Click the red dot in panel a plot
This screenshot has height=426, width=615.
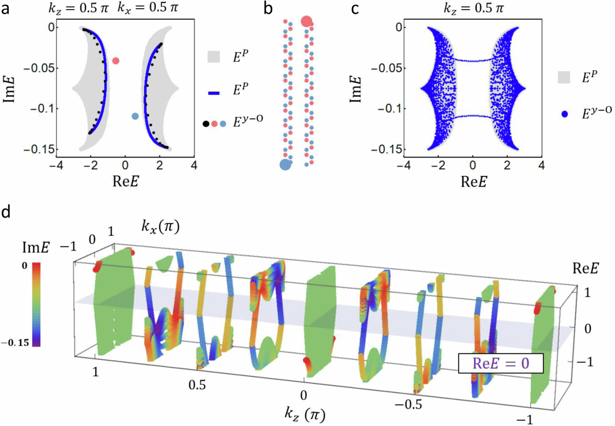coord(116,61)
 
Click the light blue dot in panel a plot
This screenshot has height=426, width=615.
coord(135,116)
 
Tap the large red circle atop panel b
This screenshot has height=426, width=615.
coord(306,21)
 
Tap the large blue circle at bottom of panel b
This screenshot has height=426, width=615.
coord(285,164)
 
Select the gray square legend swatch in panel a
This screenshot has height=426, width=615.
coord(214,57)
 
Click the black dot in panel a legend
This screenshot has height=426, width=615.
coord(206,124)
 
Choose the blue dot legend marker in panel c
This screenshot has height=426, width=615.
coord(564,114)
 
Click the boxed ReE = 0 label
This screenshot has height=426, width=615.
coord(501,363)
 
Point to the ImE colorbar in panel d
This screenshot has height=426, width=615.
coord(37,304)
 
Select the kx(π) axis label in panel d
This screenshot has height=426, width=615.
coord(161,227)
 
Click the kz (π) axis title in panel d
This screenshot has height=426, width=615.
coord(305,415)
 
